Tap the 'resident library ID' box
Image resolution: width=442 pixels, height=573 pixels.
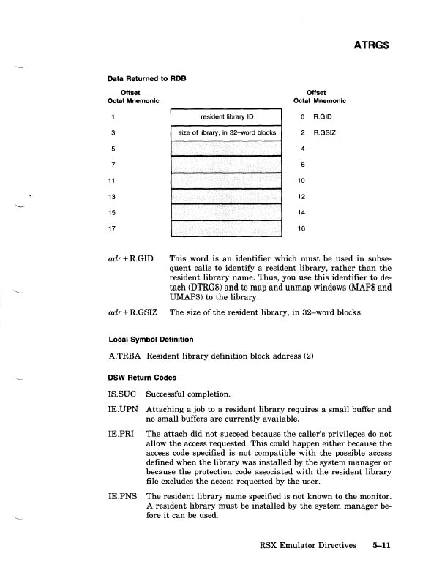(x=225, y=116)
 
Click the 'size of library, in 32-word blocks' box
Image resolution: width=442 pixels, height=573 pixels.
(x=225, y=133)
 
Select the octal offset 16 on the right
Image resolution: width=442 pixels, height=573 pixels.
(x=304, y=229)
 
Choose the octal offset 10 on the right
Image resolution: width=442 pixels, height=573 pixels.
(x=304, y=181)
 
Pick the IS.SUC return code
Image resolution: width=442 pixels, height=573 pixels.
(x=120, y=394)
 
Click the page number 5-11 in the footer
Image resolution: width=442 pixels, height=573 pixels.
(x=384, y=544)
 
